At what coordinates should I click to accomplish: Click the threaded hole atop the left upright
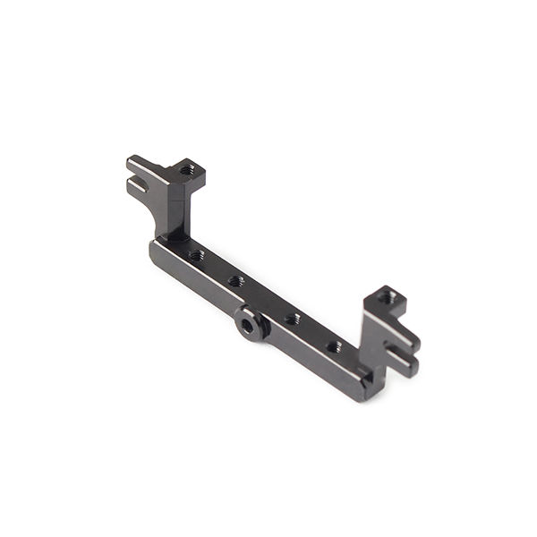[186, 170]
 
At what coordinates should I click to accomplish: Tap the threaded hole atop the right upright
[386, 297]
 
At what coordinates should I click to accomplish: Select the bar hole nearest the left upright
[196, 256]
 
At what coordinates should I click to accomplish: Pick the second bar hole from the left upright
[236, 281]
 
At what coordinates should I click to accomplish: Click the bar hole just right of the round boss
[293, 319]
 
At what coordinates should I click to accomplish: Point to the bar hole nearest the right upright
[334, 346]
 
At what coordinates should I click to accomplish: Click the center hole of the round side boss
[248, 327]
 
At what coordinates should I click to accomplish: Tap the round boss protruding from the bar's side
[253, 322]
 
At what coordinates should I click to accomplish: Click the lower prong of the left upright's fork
[137, 186]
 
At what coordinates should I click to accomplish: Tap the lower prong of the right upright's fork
[404, 363]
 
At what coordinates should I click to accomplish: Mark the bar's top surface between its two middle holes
[265, 300]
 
